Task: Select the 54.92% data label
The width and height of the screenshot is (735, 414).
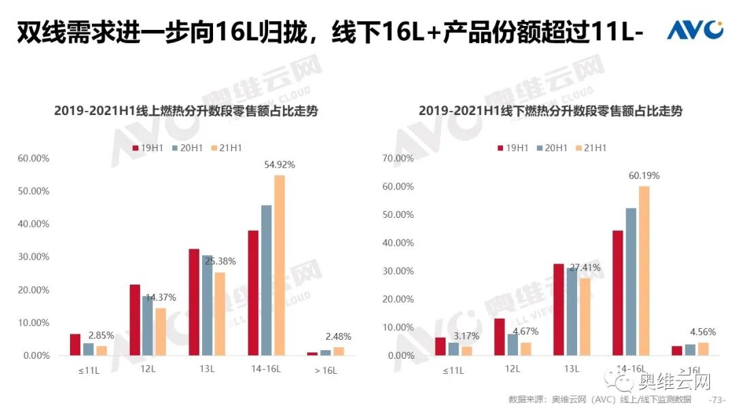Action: tap(279, 165)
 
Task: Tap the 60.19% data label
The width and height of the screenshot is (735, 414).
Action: tap(643, 176)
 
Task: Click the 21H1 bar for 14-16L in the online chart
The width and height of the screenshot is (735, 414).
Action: tap(279, 266)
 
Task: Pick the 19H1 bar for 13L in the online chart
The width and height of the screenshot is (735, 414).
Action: tap(194, 302)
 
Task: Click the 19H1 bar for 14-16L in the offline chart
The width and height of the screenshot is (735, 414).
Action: tap(618, 293)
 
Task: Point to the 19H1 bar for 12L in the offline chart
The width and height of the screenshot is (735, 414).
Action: tap(500, 337)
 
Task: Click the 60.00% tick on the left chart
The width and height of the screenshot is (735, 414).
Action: tap(33, 158)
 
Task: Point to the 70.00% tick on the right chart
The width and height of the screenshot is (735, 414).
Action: tap(399, 158)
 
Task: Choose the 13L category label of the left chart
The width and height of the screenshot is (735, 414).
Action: tap(207, 370)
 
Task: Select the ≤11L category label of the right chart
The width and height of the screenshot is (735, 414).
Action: tap(453, 370)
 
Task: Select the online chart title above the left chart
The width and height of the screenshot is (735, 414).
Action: tap(186, 110)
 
